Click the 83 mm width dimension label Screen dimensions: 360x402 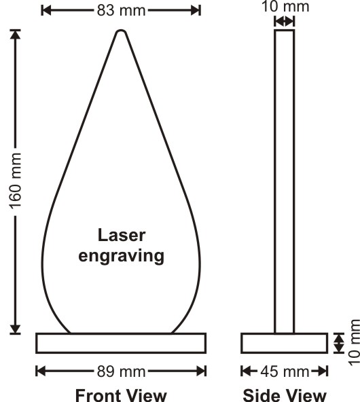tap(121, 11)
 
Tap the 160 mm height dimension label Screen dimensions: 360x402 tap(16, 181)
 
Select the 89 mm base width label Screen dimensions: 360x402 tap(121, 371)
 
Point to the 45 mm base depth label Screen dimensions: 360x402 tap(285, 371)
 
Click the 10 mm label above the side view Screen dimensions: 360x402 tap(285, 7)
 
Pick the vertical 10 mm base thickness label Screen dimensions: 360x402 tap(354, 343)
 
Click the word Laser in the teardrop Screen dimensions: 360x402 tap(122, 235)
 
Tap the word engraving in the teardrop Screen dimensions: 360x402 tap(121, 256)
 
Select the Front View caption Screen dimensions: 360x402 tap(121, 395)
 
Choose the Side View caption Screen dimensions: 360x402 tap(285, 395)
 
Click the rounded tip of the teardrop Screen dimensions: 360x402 tap(121, 31)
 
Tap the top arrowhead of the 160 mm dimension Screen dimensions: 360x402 tap(16, 35)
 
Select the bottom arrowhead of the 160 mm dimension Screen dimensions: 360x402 tap(16, 329)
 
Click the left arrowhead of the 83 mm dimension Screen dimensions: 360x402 tap(46, 11)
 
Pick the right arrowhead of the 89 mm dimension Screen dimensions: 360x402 tap(201, 371)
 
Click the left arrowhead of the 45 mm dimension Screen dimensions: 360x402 tap(246, 371)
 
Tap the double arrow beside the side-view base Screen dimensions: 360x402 tap(339, 343)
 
